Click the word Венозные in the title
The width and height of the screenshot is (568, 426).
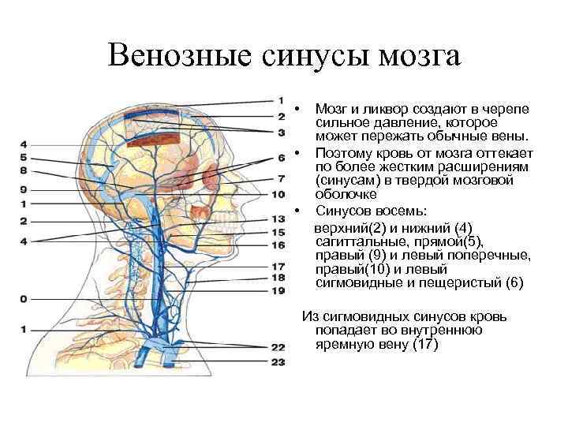click(170, 57)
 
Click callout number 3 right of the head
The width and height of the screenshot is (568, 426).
click(281, 131)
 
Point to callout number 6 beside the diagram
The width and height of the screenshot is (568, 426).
click(281, 157)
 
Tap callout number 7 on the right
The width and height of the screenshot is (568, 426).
click(281, 178)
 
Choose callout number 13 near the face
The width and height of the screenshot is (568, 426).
click(278, 219)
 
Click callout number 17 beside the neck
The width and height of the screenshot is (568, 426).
click(278, 267)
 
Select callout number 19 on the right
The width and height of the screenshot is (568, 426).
click(278, 291)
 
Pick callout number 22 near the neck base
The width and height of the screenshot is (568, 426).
click(278, 346)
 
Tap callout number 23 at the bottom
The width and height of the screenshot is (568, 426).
click(278, 362)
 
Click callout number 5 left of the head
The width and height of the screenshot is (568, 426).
click(24, 158)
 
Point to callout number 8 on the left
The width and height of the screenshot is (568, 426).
click(24, 170)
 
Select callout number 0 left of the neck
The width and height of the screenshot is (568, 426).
click(24, 299)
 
